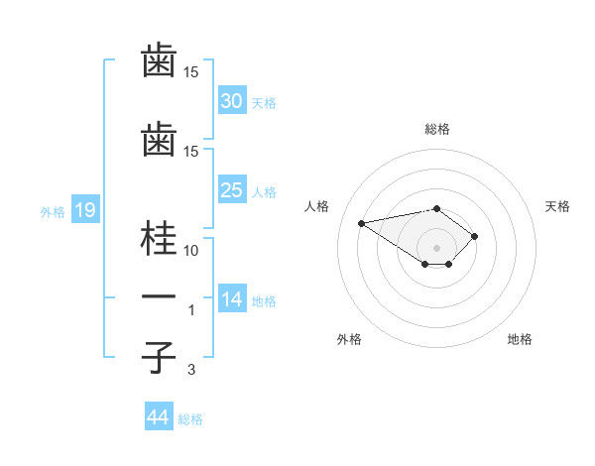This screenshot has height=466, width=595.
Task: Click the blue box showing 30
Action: (x=232, y=100)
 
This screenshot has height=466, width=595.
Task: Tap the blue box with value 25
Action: (x=232, y=189)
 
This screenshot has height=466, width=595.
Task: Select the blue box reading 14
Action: (x=232, y=299)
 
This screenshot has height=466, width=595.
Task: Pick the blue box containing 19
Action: (x=84, y=209)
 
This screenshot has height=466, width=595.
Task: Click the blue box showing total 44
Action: (x=158, y=417)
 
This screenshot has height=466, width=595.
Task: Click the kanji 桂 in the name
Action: (x=160, y=239)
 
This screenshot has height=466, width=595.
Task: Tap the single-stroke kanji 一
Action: (x=160, y=296)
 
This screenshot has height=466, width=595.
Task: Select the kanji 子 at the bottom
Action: (x=160, y=357)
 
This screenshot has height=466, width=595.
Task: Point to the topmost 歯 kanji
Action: (x=160, y=61)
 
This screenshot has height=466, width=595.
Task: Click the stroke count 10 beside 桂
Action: (x=191, y=250)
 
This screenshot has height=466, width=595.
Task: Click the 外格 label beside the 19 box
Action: (x=53, y=210)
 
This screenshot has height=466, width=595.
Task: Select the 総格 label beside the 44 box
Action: (x=190, y=419)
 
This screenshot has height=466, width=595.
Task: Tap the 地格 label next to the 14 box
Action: (x=264, y=300)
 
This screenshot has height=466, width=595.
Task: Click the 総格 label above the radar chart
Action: (x=436, y=129)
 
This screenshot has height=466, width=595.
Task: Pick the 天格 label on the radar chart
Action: (x=557, y=206)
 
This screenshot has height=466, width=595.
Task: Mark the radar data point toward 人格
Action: (x=362, y=222)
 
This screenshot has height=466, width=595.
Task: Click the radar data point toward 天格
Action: (x=475, y=236)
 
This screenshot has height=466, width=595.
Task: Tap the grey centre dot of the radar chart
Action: (x=436, y=248)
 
